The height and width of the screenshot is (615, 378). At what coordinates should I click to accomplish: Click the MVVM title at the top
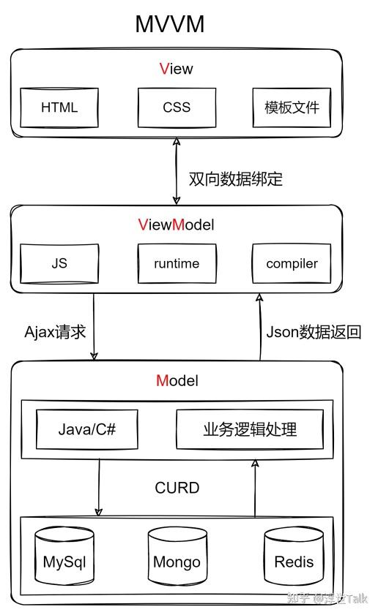point(169,23)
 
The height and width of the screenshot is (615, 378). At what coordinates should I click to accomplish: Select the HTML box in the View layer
point(59,107)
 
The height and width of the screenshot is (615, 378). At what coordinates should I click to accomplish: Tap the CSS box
point(177,107)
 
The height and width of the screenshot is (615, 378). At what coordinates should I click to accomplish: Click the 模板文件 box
point(292,107)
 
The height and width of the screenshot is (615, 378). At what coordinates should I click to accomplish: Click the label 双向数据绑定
point(235,179)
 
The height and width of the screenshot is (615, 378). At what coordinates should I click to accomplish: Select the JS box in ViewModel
point(59,263)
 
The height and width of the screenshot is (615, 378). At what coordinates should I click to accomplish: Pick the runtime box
point(177,264)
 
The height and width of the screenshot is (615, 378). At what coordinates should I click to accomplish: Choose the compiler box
point(292,264)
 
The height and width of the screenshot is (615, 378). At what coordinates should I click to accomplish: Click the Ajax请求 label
point(56,332)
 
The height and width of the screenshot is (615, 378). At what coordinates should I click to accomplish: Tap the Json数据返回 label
point(314,332)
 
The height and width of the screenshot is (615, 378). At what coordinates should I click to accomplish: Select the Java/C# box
point(87,429)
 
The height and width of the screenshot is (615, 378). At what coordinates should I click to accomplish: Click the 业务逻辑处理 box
point(250,429)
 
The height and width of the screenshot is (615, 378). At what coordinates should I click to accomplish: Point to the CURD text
point(177,488)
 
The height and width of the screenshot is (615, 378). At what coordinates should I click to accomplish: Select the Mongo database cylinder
point(177,559)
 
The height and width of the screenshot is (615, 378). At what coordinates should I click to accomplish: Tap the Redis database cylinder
point(293,559)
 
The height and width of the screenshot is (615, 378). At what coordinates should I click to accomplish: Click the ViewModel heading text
point(176,225)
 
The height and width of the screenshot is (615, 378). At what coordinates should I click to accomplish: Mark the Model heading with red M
point(177,380)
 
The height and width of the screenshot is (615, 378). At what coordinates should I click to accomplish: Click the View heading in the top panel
point(176,69)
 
